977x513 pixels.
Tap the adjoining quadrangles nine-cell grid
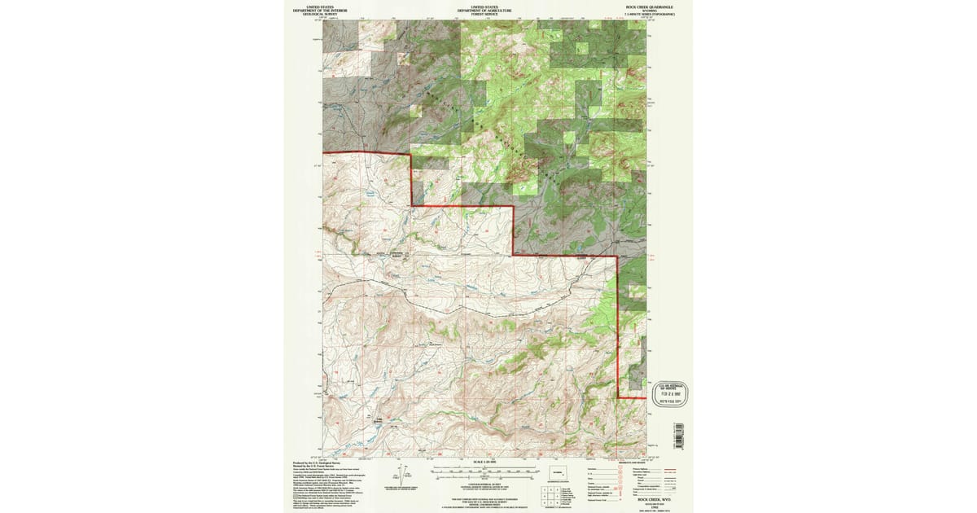(x=546, y=493)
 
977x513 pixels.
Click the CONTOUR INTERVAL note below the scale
(x=487, y=482)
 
